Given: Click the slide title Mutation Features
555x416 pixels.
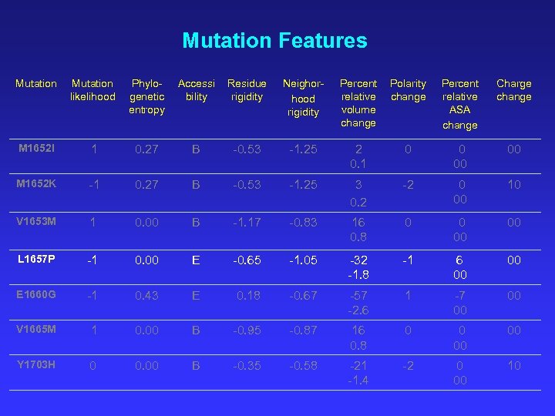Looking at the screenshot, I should pos(274,40).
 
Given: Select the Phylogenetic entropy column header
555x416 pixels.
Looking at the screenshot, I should pos(146,96).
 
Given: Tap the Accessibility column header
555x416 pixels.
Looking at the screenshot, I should pos(197,89).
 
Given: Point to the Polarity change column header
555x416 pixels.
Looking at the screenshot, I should pos(408,89).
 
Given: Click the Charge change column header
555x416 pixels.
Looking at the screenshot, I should pos(513,89).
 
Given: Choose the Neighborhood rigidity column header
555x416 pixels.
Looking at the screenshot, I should pos(303,97).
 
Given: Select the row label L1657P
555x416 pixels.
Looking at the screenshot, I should pos(35,260).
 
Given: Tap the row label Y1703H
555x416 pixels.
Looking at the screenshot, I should pos(35,365).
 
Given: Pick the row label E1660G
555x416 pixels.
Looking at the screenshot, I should pos(35,295).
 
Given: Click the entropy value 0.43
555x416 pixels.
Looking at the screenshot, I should pos(146,296).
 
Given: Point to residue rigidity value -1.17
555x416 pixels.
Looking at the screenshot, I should pos(247,223).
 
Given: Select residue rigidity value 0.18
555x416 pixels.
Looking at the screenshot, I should pos(249,296).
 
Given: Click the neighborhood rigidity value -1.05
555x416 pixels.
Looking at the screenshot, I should pos(303,260).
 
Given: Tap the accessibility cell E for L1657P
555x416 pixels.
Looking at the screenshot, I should pos(196,260).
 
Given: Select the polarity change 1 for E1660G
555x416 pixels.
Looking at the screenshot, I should pos(408,296).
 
